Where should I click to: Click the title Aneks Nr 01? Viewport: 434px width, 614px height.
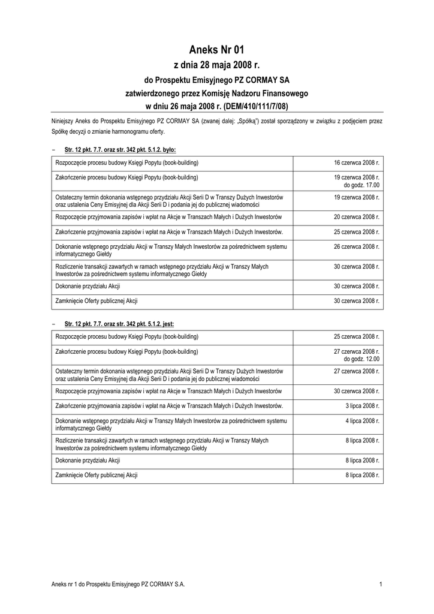coord(216,50)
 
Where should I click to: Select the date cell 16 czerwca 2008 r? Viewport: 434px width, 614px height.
coord(357,163)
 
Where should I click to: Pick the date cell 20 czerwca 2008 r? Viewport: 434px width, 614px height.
coord(357,216)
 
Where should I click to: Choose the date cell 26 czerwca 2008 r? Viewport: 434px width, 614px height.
coord(357,246)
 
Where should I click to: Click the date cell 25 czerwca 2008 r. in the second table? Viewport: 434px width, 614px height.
coord(357,336)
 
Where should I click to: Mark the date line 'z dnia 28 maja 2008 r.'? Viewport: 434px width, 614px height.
coord(216,65)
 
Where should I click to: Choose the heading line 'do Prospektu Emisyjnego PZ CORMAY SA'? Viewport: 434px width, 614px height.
coord(216,80)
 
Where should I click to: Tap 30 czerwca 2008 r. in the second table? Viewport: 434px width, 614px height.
coord(357,390)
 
